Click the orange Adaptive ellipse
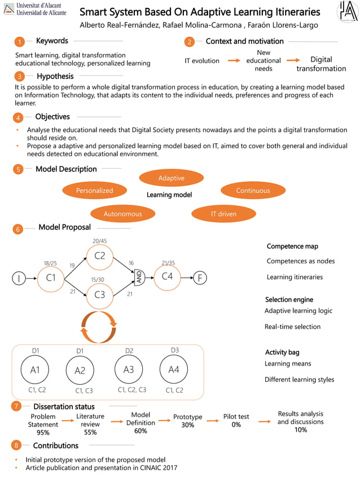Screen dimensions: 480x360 tap(171, 178)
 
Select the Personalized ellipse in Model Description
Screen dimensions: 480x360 tap(94, 191)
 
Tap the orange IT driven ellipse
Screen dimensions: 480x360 tap(223, 214)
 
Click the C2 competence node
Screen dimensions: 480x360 tap(100, 256)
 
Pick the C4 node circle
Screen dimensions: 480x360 tap(167, 276)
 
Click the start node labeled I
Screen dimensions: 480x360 tap(19, 278)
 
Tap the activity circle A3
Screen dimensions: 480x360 tap(129, 369)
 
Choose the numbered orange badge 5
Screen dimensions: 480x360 tap(19, 169)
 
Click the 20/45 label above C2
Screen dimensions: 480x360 tap(100, 241)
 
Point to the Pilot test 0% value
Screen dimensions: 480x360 tap(236, 425)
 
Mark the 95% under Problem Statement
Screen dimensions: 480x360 tap(43, 433)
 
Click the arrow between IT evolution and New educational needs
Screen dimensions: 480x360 tap(234, 60)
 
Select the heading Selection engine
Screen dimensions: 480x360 tap(289, 300)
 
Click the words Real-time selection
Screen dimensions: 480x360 tap(292, 327)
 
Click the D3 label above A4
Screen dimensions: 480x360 tap(175, 350)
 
